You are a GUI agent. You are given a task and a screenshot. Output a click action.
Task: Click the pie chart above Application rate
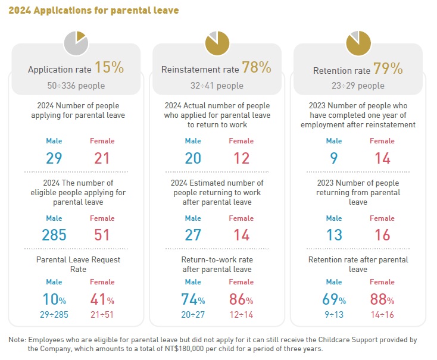(x=76, y=43)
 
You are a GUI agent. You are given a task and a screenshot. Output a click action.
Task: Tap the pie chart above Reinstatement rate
(x=217, y=43)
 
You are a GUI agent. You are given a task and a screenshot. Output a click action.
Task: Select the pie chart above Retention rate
(x=358, y=43)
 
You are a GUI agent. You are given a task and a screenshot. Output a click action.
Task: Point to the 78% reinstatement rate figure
(x=257, y=68)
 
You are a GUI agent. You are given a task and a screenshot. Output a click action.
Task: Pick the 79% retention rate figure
(x=389, y=68)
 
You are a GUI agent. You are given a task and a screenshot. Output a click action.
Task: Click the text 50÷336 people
(x=76, y=86)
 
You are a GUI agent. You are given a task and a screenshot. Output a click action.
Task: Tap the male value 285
(x=54, y=235)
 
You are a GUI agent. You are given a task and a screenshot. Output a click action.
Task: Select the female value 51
(x=102, y=235)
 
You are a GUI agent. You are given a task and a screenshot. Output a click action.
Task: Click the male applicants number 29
(x=54, y=158)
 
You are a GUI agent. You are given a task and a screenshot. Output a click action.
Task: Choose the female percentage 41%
(x=102, y=299)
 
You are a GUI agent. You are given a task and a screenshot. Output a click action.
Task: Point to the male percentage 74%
(x=193, y=300)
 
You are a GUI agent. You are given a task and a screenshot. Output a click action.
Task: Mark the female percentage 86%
(x=241, y=300)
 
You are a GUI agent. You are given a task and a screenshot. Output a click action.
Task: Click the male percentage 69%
(x=334, y=300)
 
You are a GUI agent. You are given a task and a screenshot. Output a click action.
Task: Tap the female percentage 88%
(x=382, y=300)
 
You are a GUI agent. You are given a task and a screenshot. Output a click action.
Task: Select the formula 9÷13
(x=334, y=314)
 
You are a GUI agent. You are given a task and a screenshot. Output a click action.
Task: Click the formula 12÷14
(x=241, y=314)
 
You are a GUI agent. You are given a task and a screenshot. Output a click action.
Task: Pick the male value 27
(x=193, y=235)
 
